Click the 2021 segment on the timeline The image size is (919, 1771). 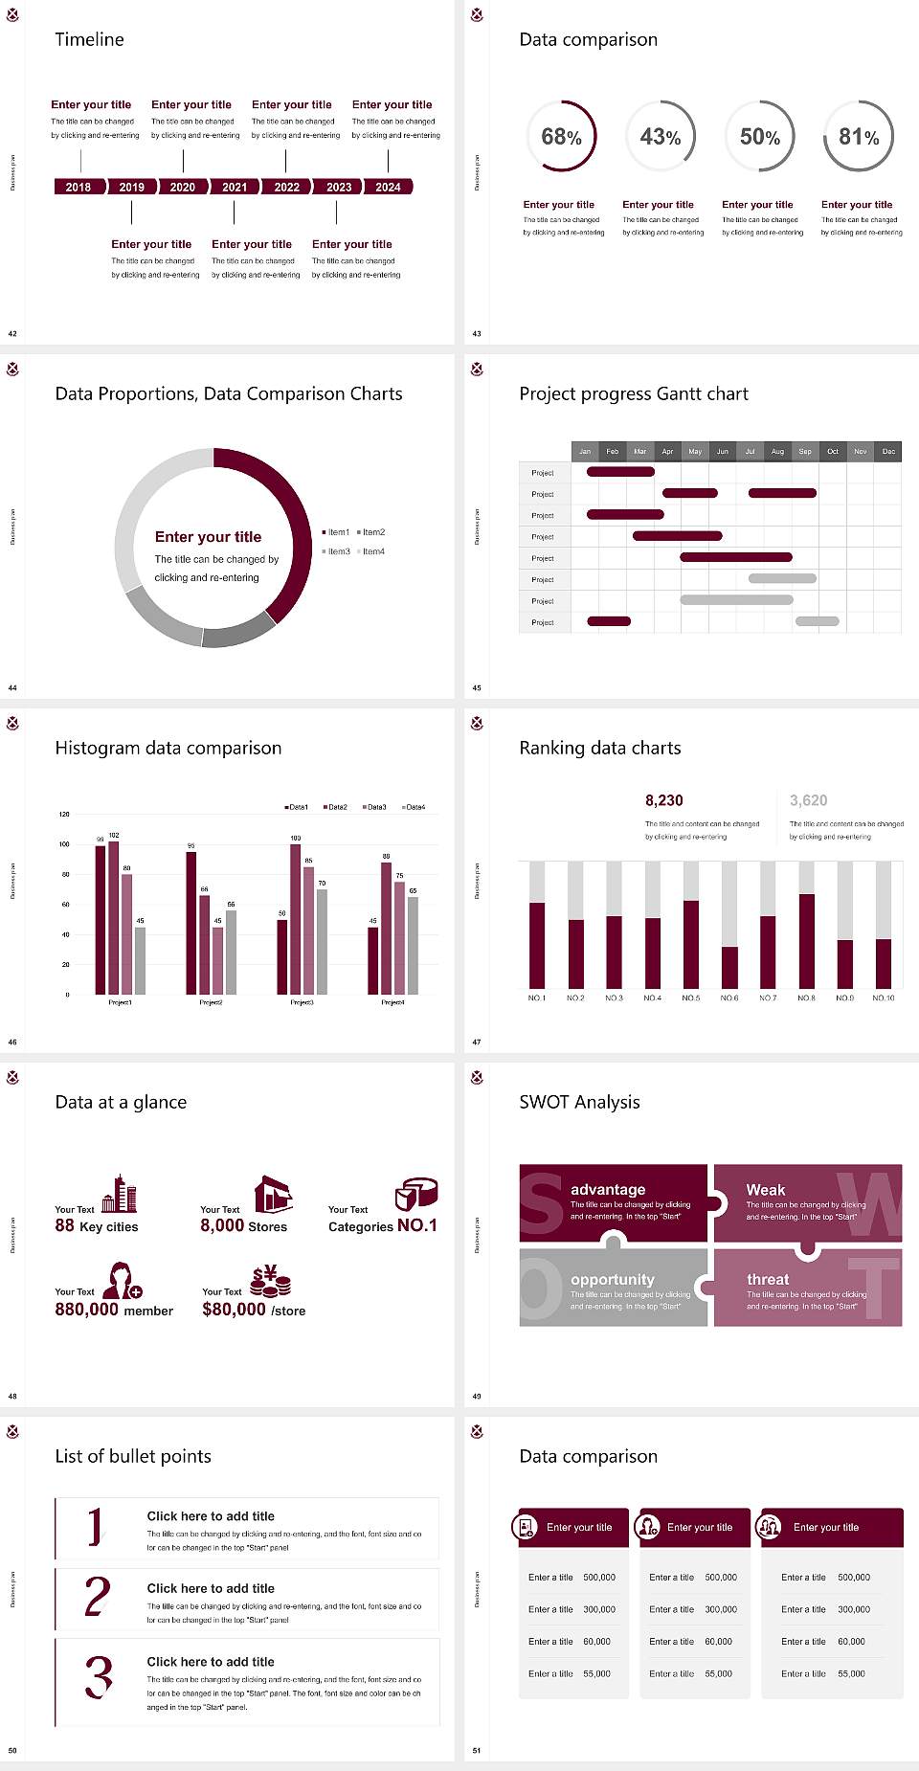235,187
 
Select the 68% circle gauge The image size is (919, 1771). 561,136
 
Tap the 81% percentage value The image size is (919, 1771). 859,137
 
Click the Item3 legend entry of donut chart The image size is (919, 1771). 337,551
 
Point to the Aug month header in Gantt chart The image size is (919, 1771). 777,451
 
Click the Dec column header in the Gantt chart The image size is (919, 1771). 888,451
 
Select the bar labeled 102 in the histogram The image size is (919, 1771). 114,914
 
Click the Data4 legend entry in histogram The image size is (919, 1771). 414,807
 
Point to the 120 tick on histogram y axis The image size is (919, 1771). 64,814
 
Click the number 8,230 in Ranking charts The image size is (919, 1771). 663,800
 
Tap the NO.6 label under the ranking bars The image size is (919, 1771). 729,998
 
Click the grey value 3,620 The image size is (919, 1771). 808,800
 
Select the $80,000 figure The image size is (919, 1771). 234,1309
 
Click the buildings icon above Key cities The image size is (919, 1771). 120,1194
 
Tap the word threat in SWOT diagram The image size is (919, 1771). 768,1279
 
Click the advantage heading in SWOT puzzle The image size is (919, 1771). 608,1189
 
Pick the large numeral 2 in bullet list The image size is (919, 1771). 97,1597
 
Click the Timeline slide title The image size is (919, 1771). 89,39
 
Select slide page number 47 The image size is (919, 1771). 477,1042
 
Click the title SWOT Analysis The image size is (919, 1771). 579,1102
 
